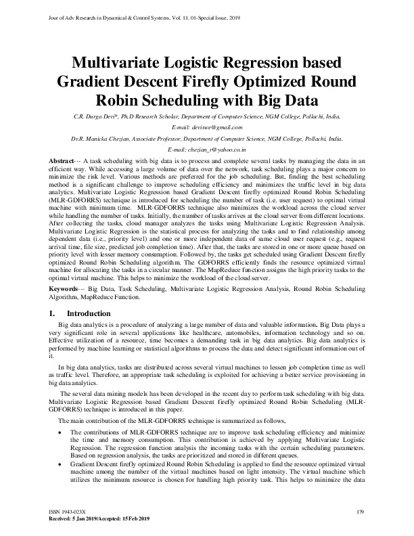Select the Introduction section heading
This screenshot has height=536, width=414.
point(89,314)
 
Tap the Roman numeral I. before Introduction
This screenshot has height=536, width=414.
point(53,314)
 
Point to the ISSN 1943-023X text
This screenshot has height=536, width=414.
point(70,511)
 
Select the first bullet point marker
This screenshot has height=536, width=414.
point(63,430)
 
